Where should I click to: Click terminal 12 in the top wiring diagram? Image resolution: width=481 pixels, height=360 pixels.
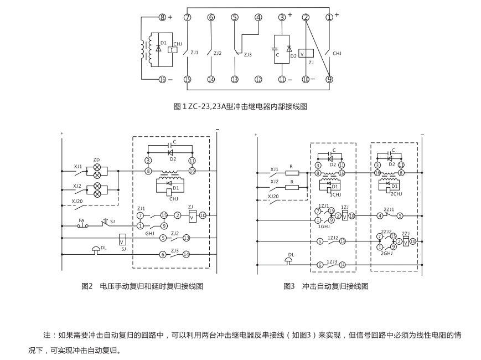click(x=258, y=80)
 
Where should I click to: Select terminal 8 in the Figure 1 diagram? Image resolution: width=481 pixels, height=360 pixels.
click(x=162, y=17)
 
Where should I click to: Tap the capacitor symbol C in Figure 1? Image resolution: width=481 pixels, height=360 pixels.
click(x=276, y=49)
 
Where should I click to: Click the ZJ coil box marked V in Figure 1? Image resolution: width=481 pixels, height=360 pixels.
click(x=302, y=54)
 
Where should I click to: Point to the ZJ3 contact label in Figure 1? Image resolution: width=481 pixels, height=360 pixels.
click(x=247, y=55)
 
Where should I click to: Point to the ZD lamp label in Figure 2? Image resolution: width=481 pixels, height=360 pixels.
click(x=96, y=160)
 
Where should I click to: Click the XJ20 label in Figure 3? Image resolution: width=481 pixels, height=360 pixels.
click(x=273, y=196)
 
